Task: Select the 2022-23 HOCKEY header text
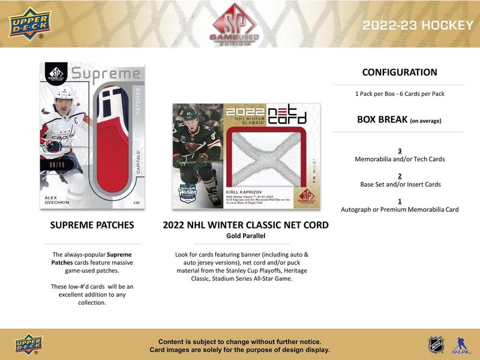click(418, 25)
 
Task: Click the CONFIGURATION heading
click(400, 72)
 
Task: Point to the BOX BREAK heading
click(399, 119)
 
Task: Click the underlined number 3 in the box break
click(400, 151)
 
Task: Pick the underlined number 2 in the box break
click(400, 176)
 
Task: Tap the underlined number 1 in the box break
click(400, 201)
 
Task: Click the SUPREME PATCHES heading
click(92, 226)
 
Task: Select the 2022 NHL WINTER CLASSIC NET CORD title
click(245, 226)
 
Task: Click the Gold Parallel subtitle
click(245, 236)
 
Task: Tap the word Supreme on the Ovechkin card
click(106, 75)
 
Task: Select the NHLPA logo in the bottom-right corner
click(461, 344)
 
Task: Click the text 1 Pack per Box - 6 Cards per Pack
click(400, 94)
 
